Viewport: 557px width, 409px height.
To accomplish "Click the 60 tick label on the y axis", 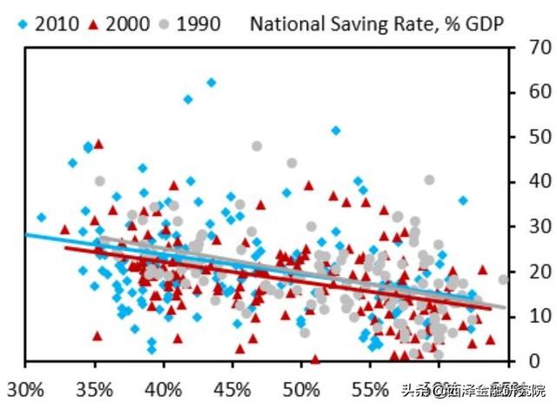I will pyautogui.click(x=527, y=92).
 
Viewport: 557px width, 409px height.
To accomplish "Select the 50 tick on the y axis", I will pyautogui.click(x=527, y=137).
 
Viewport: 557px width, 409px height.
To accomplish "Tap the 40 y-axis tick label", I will pyautogui.click(x=527, y=182).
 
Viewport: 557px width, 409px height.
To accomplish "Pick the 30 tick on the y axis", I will pyautogui.click(x=527, y=226).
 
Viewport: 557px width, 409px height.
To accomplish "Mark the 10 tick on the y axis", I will pyautogui.click(x=527, y=316).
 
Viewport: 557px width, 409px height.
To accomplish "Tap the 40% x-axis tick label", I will pyautogui.click(x=164, y=386).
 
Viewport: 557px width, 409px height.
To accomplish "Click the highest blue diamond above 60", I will pyautogui.click(x=211, y=83).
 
